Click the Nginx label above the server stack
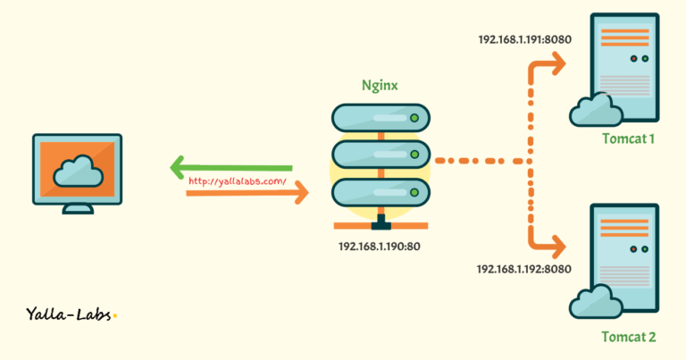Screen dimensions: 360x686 (x=381, y=87)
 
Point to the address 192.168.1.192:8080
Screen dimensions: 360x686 (x=523, y=268)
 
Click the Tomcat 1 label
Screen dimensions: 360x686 (x=628, y=139)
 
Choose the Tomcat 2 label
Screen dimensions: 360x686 (x=628, y=337)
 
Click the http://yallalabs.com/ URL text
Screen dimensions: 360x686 (x=237, y=181)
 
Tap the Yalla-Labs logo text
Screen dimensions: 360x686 (x=71, y=314)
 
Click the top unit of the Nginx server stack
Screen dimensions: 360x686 (x=381, y=117)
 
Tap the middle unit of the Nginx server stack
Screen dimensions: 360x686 (x=381, y=154)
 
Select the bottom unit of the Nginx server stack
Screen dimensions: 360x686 (x=381, y=191)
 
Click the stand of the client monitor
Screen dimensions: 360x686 (x=77, y=207)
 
